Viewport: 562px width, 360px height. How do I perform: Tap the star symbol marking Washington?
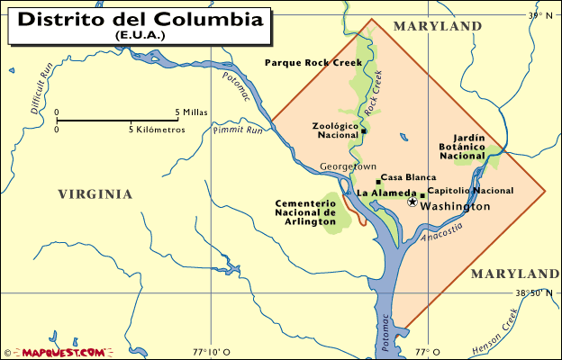coord(412,202)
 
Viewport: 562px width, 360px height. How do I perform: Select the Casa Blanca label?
coord(408,178)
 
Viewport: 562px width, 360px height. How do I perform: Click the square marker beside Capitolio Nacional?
coord(422,194)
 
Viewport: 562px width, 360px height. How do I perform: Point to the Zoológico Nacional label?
coord(334,130)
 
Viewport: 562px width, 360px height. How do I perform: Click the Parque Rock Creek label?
coord(313,62)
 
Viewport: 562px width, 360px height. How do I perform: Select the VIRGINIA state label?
coord(95,193)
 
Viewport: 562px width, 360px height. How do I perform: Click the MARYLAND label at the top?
coord(437,27)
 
